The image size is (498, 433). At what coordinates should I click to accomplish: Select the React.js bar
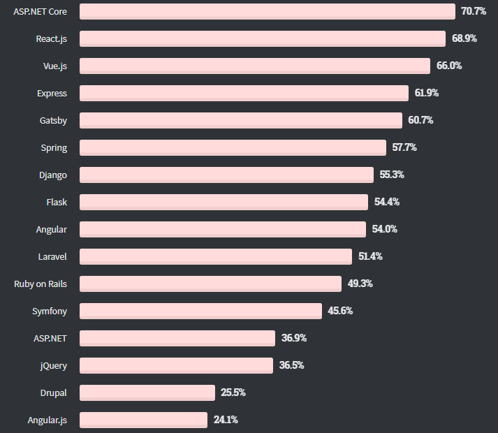pyautogui.click(x=262, y=38)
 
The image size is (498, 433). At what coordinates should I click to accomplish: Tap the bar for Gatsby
pyautogui.click(x=240, y=120)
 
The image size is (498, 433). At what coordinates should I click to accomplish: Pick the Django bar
pyautogui.click(x=226, y=175)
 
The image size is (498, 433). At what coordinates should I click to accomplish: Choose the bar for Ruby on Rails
pyautogui.click(x=210, y=284)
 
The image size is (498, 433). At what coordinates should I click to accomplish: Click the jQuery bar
pyautogui.click(x=176, y=365)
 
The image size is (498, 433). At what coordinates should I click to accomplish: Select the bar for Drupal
pyautogui.click(x=147, y=392)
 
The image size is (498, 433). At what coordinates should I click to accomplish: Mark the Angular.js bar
pyautogui.click(x=143, y=420)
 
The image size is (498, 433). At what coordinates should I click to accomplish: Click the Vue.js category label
pyautogui.click(x=54, y=66)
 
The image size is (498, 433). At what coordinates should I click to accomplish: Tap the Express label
pyautogui.click(x=52, y=93)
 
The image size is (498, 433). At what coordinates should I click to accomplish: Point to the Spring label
pyautogui.click(x=54, y=147)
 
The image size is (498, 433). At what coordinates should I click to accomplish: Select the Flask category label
pyautogui.click(x=57, y=202)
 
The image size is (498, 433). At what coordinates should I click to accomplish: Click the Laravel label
pyautogui.click(x=52, y=256)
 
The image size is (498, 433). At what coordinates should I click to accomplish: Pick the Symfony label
pyautogui.click(x=50, y=311)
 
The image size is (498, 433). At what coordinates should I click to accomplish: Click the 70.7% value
pyautogui.click(x=474, y=11)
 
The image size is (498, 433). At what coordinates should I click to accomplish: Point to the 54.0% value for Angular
pyautogui.click(x=384, y=229)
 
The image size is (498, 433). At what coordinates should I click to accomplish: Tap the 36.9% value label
pyautogui.click(x=294, y=338)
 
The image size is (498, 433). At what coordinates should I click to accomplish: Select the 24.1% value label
pyautogui.click(x=226, y=420)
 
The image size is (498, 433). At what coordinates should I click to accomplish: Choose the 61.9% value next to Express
pyautogui.click(x=427, y=93)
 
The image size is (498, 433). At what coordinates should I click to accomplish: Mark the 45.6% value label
pyautogui.click(x=340, y=311)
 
